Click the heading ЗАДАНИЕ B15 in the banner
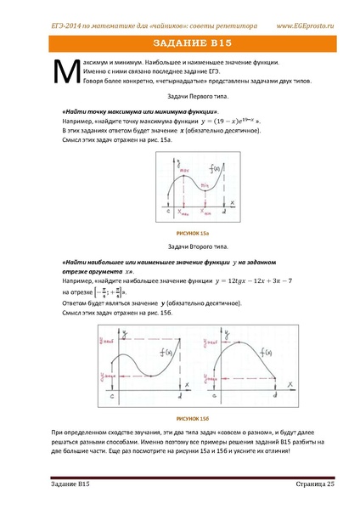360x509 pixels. tap(180, 42)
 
